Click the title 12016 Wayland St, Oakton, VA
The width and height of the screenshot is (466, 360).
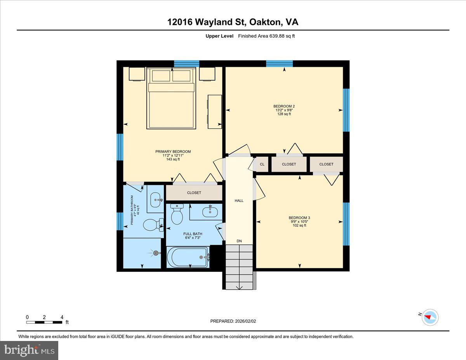pos(233,22)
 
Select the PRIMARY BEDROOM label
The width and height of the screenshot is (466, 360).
pos(173,151)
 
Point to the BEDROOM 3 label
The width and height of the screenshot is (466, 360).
pos(299,217)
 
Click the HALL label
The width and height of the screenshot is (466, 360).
pos(239,201)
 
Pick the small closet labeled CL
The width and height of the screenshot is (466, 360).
pos(262,164)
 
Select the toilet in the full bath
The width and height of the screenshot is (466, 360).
pos(177,215)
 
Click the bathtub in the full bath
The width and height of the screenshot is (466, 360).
pos(188,257)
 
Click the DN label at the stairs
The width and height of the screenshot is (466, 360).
pos(239,241)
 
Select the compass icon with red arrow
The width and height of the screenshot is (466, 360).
pos(429,317)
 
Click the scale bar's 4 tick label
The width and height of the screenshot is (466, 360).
pos(62,317)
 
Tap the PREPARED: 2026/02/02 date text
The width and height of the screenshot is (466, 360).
pos(233,321)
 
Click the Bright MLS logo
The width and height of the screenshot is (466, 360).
pos(30,350)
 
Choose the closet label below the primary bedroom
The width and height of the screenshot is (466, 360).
pos(194,193)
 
